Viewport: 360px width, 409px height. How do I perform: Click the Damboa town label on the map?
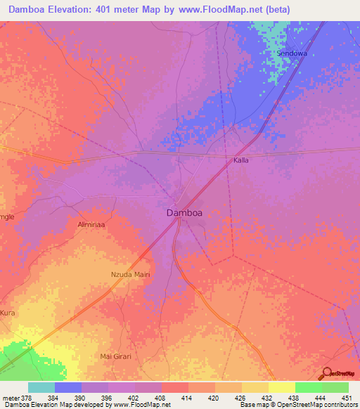pos(186,212)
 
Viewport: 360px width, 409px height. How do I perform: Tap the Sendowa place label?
pos(292,53)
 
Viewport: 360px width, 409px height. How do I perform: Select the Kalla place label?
pos(241,160)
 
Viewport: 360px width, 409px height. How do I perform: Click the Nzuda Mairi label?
pos(131,275)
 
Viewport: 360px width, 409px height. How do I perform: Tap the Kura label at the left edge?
pos(8,312)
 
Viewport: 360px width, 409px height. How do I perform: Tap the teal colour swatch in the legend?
pos(41,387)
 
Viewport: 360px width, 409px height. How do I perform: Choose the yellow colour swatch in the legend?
pos(281,387)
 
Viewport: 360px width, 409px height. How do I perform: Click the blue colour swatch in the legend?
pos(68,387)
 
